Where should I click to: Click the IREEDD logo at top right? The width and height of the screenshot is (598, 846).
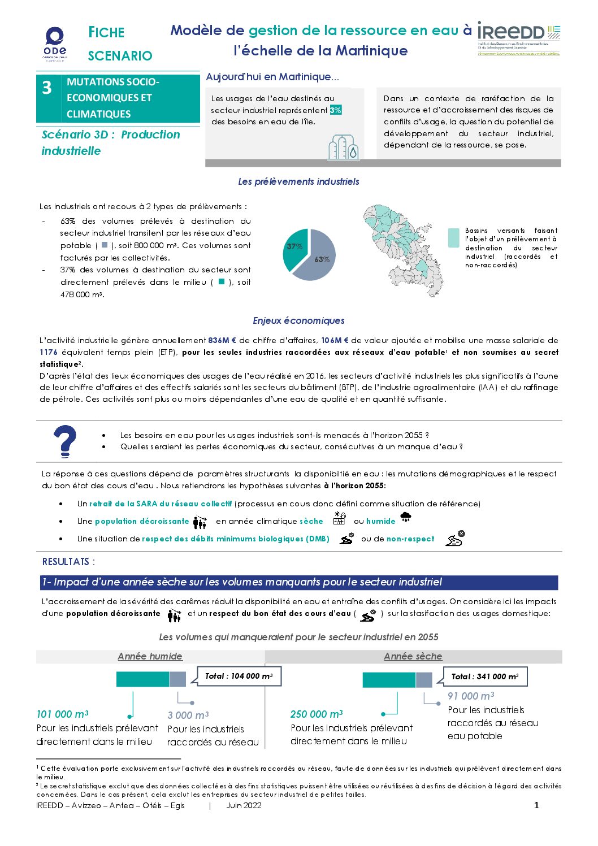(x=518, y=38)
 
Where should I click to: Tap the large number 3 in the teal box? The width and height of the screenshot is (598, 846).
(x=47, y=88)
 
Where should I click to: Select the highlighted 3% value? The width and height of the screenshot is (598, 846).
(x=335, y=110)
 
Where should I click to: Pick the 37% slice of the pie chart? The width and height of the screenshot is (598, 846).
(x=294, y=247)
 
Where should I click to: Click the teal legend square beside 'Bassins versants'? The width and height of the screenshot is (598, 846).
(x=453, y=238)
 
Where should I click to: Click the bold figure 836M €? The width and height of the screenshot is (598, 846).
(x=222, y=340)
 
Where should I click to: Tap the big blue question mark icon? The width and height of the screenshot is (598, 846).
(x=65, y=441)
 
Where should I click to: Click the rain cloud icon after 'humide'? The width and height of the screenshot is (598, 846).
(x=405, y=517)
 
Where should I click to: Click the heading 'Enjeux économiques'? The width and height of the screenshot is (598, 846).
(x=298, y=320)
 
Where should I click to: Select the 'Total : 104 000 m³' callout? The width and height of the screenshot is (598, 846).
(x=239, y=676)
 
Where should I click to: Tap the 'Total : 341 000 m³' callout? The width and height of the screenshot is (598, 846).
(x=485, y=676)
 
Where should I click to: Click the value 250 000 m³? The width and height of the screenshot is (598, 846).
(x=317, y=714)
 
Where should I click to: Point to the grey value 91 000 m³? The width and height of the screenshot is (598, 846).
(x=471, y=696)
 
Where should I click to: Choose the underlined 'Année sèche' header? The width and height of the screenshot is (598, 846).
(x=413, y=656)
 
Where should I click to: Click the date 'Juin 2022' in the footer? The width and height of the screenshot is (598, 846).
(x=244, y=805)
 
